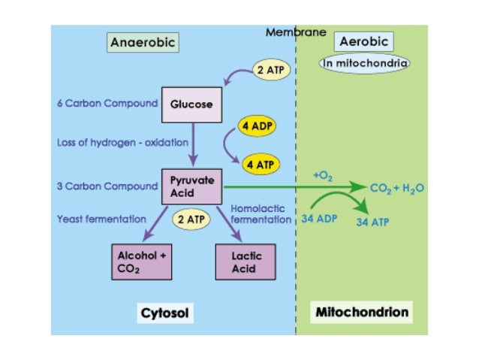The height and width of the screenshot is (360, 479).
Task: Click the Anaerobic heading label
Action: point(143,43)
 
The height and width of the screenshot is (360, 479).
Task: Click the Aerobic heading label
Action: point(363,43)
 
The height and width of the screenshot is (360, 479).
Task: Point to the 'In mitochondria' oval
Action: point(366,64)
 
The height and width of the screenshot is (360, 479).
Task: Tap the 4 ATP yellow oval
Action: point(258,163)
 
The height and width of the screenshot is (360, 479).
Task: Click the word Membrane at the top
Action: point(296,32)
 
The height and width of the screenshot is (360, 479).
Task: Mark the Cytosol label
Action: point(165,311)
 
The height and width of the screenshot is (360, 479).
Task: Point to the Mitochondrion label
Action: point(362,311)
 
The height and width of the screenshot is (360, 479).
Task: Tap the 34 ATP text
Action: point(372,223)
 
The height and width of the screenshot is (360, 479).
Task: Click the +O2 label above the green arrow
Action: point(323,175)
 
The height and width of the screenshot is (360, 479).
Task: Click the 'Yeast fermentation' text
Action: point(101,219)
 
